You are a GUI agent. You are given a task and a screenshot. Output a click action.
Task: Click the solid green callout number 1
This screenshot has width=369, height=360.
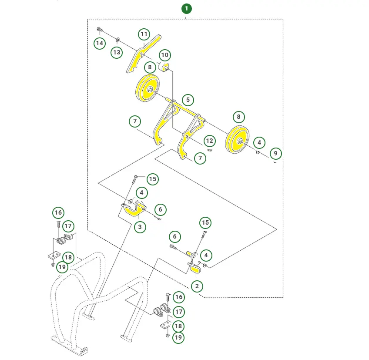point(187,9)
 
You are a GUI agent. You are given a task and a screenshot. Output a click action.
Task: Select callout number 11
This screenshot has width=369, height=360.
point(144,34)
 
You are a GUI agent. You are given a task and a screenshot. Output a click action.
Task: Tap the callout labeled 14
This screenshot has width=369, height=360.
point(100,44)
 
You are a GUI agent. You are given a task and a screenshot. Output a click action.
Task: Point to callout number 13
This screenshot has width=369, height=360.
point(117,52)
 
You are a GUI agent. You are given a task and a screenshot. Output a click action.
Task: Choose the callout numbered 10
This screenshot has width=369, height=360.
point(165,55)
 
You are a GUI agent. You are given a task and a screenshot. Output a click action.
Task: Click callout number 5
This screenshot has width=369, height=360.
point(188,100)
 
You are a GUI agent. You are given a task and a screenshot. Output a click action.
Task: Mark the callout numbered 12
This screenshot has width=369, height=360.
point(209,141)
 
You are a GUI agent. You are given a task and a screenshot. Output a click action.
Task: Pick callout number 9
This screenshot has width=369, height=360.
point(275,154)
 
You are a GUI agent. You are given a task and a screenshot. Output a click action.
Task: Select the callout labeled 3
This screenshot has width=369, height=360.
point(140,227)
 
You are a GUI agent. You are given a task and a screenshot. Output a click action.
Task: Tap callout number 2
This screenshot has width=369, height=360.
point(197,286)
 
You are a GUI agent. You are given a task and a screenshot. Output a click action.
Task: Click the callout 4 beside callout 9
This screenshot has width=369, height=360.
point(259,142)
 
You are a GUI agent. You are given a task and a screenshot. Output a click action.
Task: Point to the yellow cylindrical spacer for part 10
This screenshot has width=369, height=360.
point(164,67)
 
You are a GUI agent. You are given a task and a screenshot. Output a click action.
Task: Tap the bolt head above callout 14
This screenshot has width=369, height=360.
point(99,29)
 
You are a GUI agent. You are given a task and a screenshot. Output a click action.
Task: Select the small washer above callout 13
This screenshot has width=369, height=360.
point(117,40)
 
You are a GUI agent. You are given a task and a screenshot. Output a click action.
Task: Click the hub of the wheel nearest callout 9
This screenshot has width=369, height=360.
point(240,141)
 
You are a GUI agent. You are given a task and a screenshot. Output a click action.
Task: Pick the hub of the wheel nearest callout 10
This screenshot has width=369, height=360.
point(150,90)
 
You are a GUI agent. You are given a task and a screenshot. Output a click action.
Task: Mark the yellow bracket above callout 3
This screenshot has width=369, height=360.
point(133,209)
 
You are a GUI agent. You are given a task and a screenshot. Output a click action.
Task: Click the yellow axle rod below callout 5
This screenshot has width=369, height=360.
point(185,110)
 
